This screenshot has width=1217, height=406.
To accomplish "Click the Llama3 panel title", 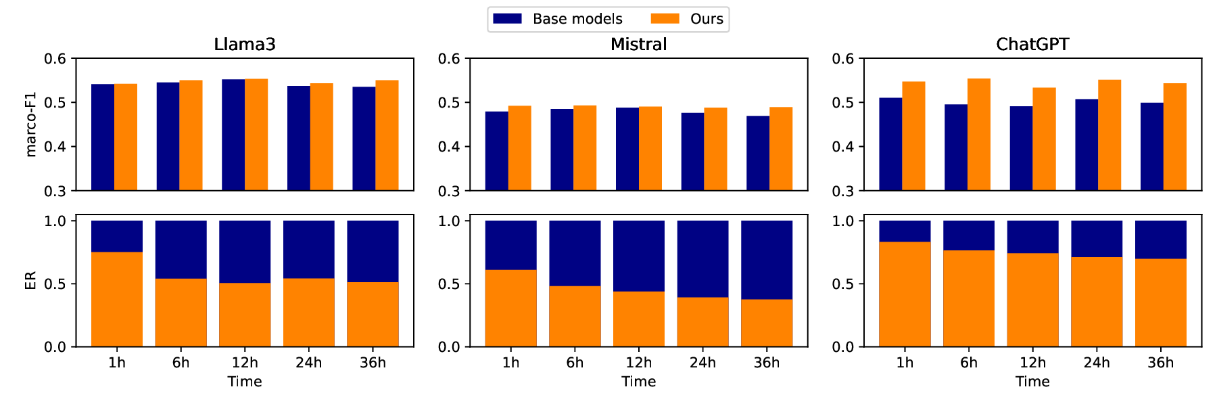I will click(x=244, y=45).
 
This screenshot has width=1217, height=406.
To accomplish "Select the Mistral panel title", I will click(x=638, y=45).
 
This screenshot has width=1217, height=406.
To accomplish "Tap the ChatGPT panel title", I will click(x=1032, y=45).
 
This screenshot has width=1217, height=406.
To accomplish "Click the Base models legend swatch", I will click(x=507, y=19).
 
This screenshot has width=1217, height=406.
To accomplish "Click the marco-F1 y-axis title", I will click(x=30, y=125).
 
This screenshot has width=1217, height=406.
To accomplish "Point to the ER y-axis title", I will click(x=30, y=281).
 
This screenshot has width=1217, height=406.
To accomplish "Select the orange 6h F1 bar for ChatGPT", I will click(x=978, y=135).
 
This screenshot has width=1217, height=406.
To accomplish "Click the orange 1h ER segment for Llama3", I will click(x=117, y=299).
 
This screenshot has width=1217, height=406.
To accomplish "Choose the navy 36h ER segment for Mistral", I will click(x=767, y=260).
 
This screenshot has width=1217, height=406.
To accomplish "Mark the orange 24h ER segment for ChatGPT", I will click(x=1097, y=302).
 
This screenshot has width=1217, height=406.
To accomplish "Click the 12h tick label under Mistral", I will click(x=638, y=363).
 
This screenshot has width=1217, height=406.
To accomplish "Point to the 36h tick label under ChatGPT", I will click(x=1160, y=363).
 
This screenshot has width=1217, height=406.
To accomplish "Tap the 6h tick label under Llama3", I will click(x=181, y=363).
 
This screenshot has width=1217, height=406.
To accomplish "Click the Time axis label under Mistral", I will click(x=638, y=382).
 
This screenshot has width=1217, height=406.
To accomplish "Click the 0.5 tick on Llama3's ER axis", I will click(x=55, y=284).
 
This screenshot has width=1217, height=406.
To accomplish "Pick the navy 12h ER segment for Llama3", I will click(x=245, y=252).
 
